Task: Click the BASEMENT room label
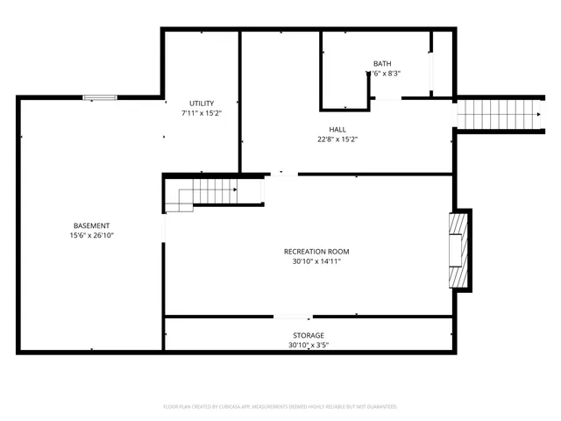(91, 225)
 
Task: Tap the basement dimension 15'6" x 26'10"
(91, 236)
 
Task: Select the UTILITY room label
(202, 103)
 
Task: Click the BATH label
(382, 63)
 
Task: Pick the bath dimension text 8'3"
(390, 74)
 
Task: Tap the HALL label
(337, 129)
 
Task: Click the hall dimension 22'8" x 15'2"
(337, 139)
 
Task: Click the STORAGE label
(309, 336)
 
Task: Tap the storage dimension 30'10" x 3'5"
(309, 346)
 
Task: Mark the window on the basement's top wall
(99, 97)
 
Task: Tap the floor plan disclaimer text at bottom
(280, 407)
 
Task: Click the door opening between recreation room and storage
(292, 317)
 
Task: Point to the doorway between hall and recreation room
(282, 175)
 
